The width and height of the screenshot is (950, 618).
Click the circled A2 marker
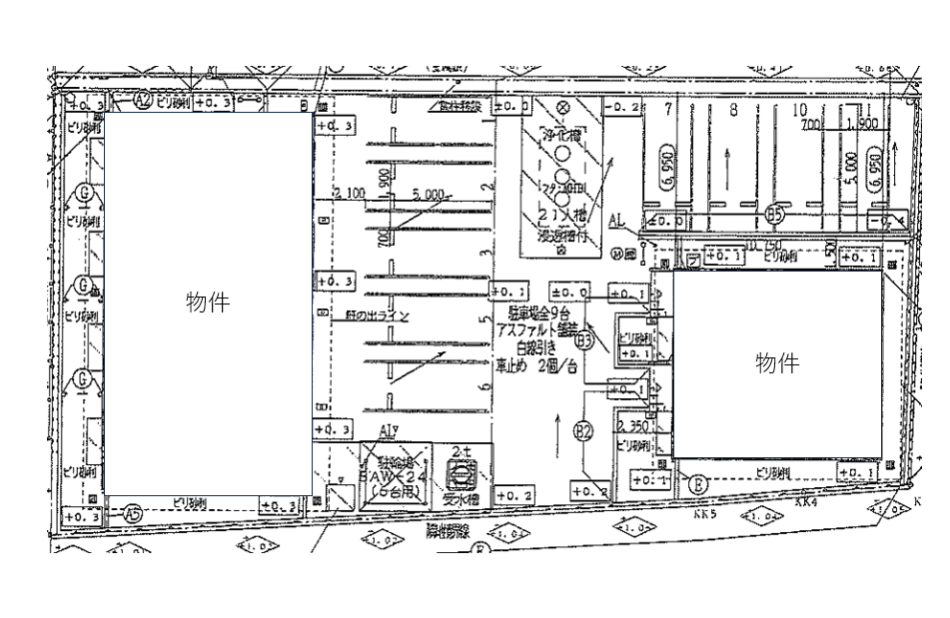[x=143, y=100]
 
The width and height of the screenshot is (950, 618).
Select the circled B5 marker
[x=775, y=213]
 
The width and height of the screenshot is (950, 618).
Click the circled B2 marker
[x=583, y=431]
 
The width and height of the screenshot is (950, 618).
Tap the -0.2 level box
[x=621, y=106]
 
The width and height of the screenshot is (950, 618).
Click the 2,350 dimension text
[x=635, y=426]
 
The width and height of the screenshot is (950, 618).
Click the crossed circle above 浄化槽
[x=561, y=106]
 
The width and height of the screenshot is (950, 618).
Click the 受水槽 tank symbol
[x=460, y=470]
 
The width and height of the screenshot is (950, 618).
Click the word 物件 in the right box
[x=776, y=363]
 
